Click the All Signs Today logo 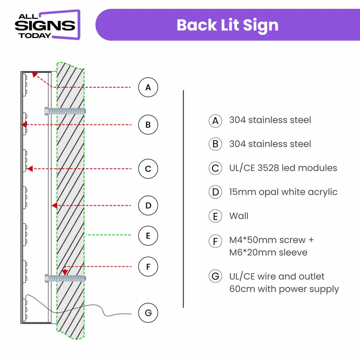pyautogui.click(x=47, y=25)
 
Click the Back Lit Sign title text pyautogui.click(x=227, y=25)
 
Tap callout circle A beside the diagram pyautogui.click(x=148, y=87)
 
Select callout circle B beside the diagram pyautogui.click(x=148, y=125)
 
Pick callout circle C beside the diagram pyautogui.click(x=148, y=169)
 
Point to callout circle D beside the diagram pyautogui.click(x=148, y=206)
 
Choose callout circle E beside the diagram pyautogui.click(x=148, y=236)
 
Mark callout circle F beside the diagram pyautogui.click(x=148, y=266)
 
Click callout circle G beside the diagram pyautogui.click(x=148, y=312)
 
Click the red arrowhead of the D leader pyautogui.click(x=54, y=206)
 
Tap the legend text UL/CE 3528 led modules pyautogui.click(x=283, y=168)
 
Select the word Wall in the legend pyautogui.click(x=239, y=216)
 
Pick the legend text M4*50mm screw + pyautogui.click(x=272, y=240)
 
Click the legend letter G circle pyautogui.click(x=215, y=276)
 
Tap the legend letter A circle pyautogui.click(x=215, y=120)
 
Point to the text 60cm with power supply pyautogui.click(x=284, y=289)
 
